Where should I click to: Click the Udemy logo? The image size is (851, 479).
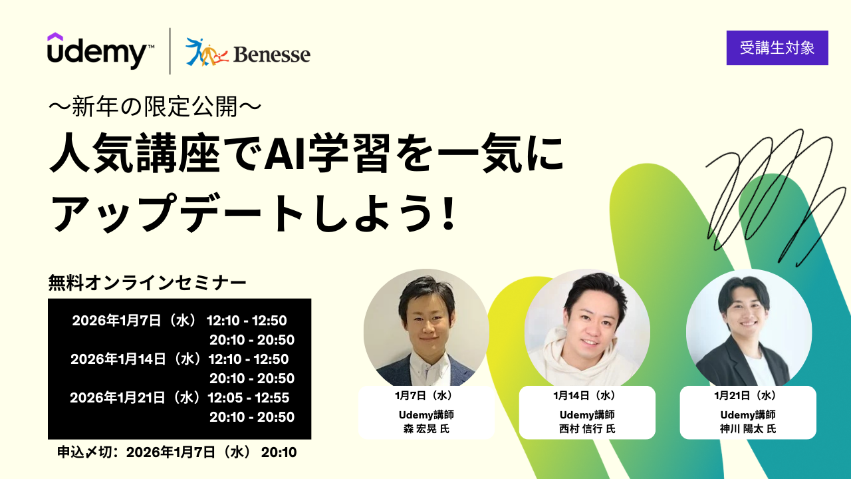[x=100, y=51]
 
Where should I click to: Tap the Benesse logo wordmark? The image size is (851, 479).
[x=272, y=54]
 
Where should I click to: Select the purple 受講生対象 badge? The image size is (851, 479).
[x=777, y=48]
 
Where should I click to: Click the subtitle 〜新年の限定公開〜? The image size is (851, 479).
[x=155, y=106]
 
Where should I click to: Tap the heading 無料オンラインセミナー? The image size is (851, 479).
[x=148, y=283]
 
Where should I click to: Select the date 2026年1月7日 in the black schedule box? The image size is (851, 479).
[x=116, y=321]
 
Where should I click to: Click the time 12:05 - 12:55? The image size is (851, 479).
[x=249, y=398]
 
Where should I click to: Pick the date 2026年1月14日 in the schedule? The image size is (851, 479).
[x=118, y=359]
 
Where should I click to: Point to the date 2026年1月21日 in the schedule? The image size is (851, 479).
[x=118, y=398]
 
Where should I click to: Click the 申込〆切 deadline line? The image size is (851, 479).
[x=177, y=452]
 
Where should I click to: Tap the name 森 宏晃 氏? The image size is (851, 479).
[x=426, y=429]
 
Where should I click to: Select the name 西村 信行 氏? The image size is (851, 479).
[x=587, y=429]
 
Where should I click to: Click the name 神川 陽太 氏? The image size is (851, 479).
[x=748, y=429]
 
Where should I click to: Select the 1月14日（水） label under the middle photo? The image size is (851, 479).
[x=587, y=396]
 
